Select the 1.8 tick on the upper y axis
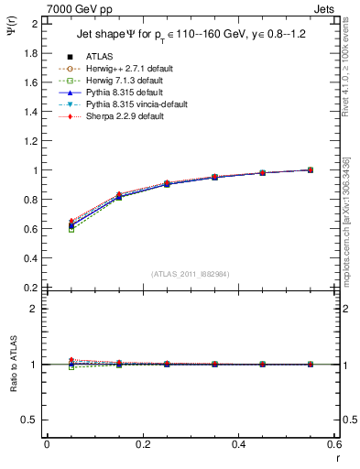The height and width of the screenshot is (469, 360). tap(30, 53)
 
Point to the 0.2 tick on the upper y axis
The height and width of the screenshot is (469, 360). tap(30, 288)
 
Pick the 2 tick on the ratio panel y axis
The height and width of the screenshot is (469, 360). tap(34, 309)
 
